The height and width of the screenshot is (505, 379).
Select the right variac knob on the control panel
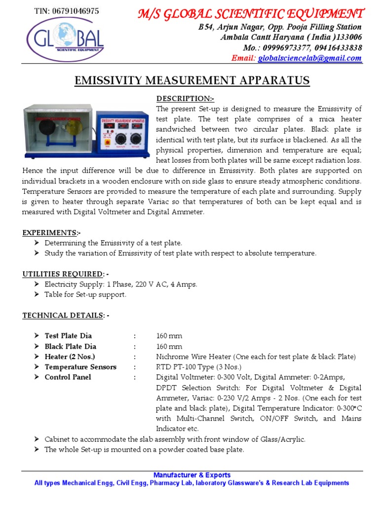[x=135, y=139]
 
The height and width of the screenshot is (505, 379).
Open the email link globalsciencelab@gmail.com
[x=309, y=58]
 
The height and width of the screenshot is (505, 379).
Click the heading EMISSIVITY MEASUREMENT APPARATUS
[x=191, y=80]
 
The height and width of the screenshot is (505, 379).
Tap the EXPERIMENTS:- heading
[x=51, y=232]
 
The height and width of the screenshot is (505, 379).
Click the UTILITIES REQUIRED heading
[x=66, y=274]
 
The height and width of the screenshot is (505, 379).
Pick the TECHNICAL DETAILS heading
[x=66, y=315]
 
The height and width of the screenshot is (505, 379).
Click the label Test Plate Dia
[x=68, y=336]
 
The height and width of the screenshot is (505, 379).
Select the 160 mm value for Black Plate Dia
[x=169, y=346]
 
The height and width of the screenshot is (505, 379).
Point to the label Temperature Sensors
[x=80, y=367]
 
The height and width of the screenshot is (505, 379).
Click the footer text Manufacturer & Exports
[x=191, y=475]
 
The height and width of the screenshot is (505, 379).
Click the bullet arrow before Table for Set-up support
[x=37, y=294]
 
